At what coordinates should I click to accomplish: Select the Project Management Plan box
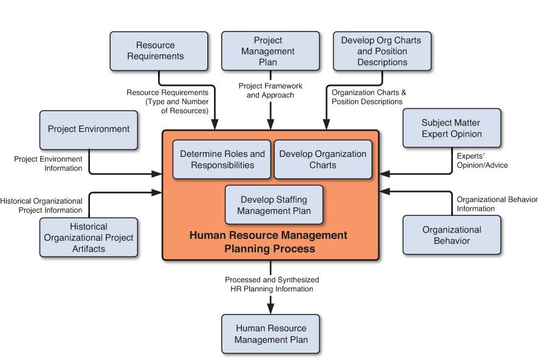click(x=271, y=51)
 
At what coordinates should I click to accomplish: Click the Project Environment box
click(x=89, y=129)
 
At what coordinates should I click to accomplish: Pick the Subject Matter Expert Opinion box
click(x=452, y=128)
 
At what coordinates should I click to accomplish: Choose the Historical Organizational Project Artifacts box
click(x=89, y=237)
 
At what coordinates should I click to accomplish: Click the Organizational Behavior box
click(x=452, y=236)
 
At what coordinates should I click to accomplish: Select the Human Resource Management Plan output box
click(x=271, y=333)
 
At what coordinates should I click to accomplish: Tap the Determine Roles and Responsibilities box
click(x=222, y=159)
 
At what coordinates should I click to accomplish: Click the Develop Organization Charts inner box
click(x=323, y=159)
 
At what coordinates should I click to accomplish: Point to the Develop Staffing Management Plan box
click(x=274, y=205)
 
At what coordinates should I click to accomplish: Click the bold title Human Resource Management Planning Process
click(x=269, y=241)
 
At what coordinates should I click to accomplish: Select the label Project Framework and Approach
click(x=270, y=91)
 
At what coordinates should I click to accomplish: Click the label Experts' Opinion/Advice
click(x=482, y=160)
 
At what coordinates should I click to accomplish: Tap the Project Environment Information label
click(x=48, y=163)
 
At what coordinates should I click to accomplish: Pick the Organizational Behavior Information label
click(x=497, y=204)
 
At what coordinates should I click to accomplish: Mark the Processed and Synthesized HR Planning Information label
click(x=272, y=284)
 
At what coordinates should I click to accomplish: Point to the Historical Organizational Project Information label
click(x=41, y=205)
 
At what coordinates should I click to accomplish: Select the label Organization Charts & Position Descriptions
click(x=368, y=97)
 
